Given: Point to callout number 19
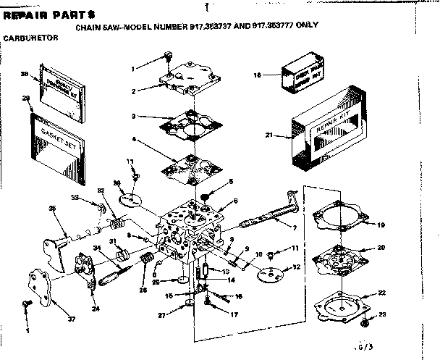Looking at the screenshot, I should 381,225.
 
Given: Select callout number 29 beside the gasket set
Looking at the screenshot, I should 26,97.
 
